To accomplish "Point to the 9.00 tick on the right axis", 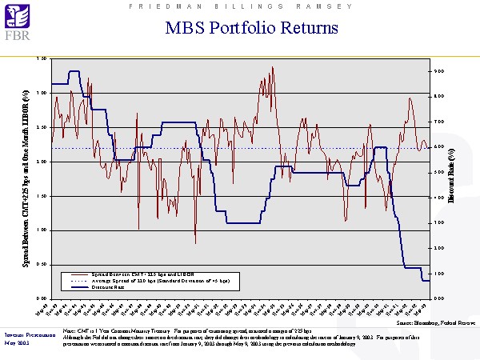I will [439, 71].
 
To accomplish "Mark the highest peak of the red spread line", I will [273, 67].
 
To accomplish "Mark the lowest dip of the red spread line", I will [196, 242].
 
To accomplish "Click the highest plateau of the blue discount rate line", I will [74, 71].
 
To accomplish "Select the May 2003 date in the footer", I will [16, 342].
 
